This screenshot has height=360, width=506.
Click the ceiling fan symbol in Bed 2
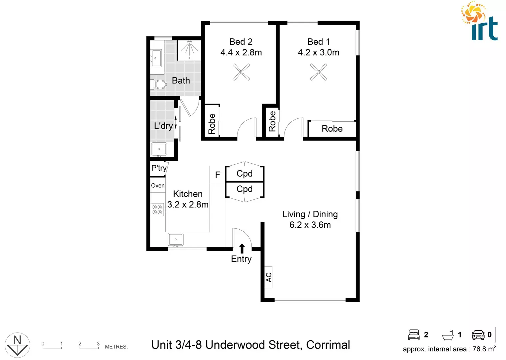tap(241, 72)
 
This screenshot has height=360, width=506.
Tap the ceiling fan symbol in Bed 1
tap(318, 72)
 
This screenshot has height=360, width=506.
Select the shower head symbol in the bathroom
tap(189, 49)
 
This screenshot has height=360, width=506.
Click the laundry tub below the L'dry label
tap(159, 149)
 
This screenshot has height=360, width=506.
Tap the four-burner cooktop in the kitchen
tap(157, 210)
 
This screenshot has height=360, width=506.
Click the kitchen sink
tap(176, 239)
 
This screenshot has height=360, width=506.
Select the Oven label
tap(158, 186)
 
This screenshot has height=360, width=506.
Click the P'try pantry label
tap(159, 168)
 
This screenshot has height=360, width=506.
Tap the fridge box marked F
tap(218, 175)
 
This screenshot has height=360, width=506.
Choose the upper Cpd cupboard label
tap(245, 174)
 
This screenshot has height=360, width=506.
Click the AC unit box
tap(268, 277)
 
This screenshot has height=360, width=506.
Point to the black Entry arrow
tap(242, 248)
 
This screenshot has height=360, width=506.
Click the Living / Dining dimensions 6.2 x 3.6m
tap(310, 225)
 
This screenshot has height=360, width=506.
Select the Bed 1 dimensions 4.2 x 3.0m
tap(318, 53)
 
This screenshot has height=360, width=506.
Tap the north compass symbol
tap(17, 345)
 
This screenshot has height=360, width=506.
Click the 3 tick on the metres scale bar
tap(98, 344)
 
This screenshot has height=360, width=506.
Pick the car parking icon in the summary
tap(478, 335)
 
